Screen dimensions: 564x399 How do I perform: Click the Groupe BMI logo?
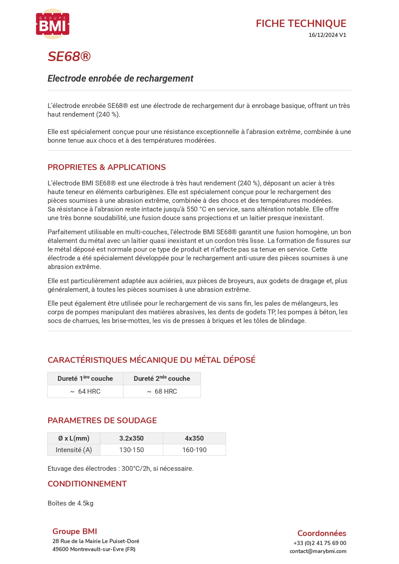click(x=53, y=24)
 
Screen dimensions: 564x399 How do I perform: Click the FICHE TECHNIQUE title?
click(x=301, y=23)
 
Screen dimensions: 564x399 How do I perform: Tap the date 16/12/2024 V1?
click(x=327, y=35)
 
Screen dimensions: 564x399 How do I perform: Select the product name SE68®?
click(x=69, y=57)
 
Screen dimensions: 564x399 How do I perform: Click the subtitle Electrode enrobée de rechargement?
click(x=120, y=78)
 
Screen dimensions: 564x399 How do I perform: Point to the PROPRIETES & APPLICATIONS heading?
click(x=106, y=167)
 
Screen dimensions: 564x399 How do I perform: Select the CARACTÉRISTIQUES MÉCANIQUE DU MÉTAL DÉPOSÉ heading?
click(x=151, y=360)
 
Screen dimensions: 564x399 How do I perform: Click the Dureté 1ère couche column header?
click(x=85, y=379)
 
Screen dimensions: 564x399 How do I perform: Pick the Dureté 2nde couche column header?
click(x=162, y=379)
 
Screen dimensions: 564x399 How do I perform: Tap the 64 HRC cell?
click(x=86, y=391)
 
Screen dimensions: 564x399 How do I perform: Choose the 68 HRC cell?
click(x=162, y=391)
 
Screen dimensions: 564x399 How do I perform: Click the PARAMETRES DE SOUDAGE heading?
click(x=102, y=420)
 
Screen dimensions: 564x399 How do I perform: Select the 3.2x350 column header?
click(x=131, y=438)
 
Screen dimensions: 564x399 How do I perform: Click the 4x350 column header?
click(x=194, y=438)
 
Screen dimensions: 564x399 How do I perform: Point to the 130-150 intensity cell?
click(x=131, y=450)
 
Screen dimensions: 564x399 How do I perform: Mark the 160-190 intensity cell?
click(x=194, y=450)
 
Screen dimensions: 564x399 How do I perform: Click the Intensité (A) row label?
click(x=74, y=450)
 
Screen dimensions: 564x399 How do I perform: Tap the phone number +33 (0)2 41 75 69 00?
click(x=320, y=543)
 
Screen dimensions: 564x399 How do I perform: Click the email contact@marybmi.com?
click(x=318, y=551)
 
